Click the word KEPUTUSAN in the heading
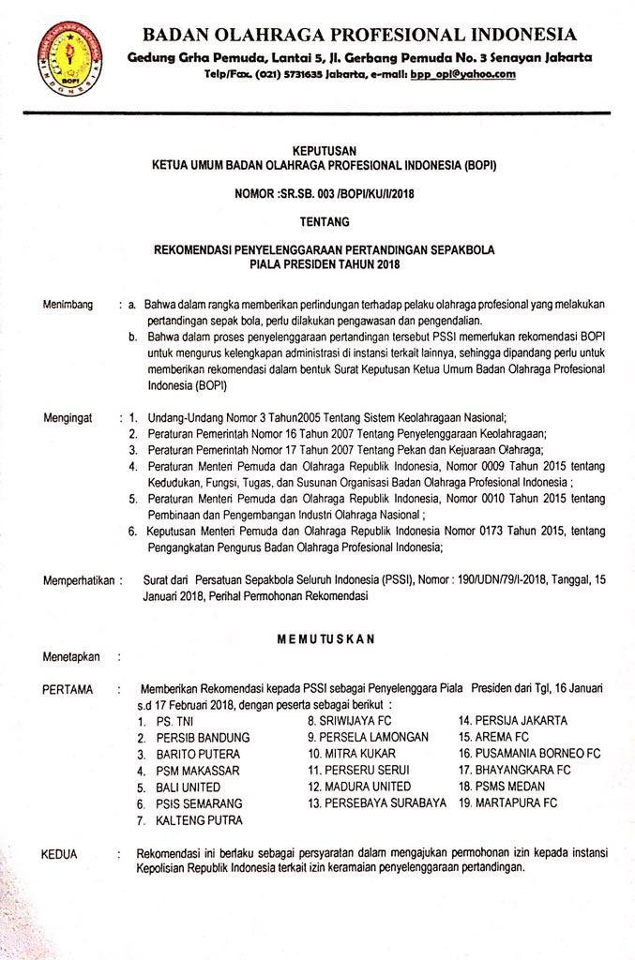pos(317,150)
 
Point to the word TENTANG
pos(318,222)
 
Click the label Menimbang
pos(68,305)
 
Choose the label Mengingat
pos(68,417)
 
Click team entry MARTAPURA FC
pos(507,802)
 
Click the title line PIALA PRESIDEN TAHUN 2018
pos(318,264)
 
